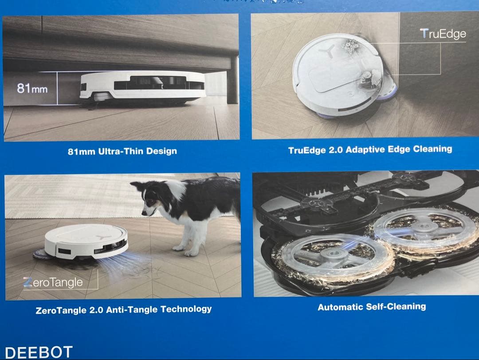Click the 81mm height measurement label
32,88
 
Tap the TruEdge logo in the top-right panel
443,34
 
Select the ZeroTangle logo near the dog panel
53,282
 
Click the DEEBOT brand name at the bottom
39,352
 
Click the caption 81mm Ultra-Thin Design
122,151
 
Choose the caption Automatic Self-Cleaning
372,307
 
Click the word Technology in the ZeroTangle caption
186,309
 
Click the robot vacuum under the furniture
142,87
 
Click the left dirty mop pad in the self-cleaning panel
331,258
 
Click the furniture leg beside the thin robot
232,79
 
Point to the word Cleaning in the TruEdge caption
432,149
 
